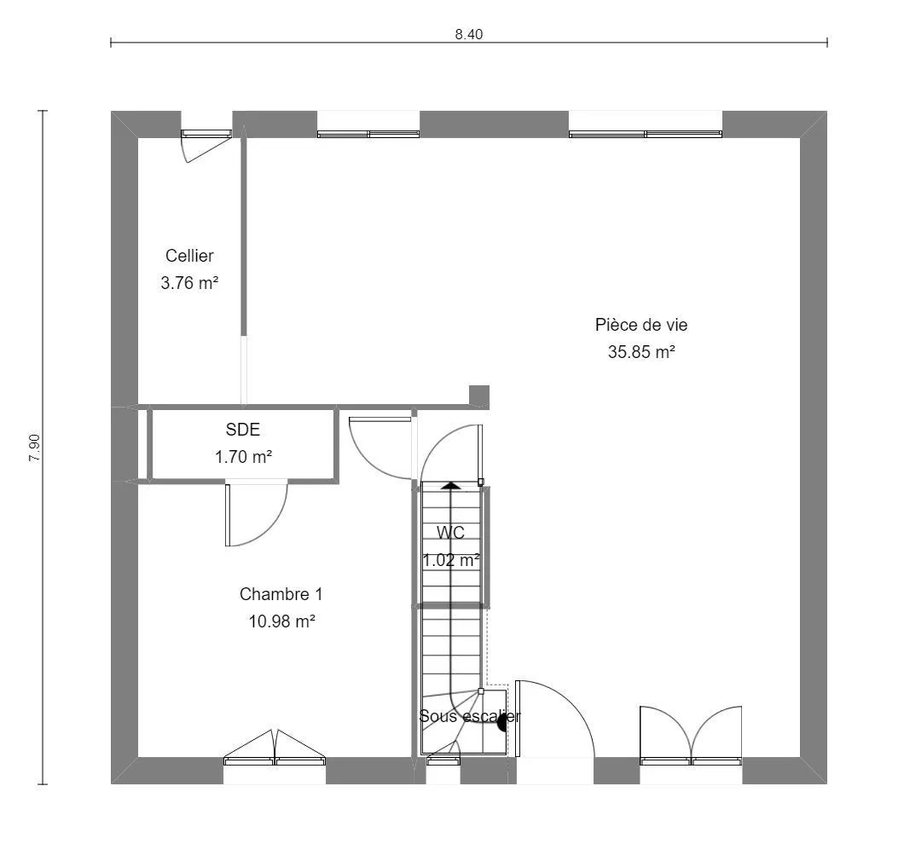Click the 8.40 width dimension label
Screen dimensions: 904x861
pyautogui.click(x=469, y=35)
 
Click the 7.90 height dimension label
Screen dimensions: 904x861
pyautogui.click(x=35, y=448)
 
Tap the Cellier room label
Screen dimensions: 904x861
pyautogui.click(x=189, y=255)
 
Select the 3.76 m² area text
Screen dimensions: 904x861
pyautogui.click(x=189, y=283)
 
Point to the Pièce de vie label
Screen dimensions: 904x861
pyautogui.click(x=641, y=325)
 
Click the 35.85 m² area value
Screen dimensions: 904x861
pyautogui.click(x=641, y=351)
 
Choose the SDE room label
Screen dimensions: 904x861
pyautogui.click(x=243, y=430)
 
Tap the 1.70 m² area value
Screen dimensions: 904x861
pyautogui.click(x=243, y=457)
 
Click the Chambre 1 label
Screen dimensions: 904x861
pyautogui.click(x=281, y=594)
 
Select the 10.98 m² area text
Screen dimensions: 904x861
pyautogui.click(x=281, y=621)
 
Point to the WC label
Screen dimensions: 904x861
pyautogui.click(x=450, y=533)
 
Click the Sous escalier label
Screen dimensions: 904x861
pyautogui.click(x=470, y=716)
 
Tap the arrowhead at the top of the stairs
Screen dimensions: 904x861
pyautogui.click(x=451, y=485)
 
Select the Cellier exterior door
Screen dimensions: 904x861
pyautogui.click(x=206, y=145)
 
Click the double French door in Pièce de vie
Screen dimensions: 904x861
pyautogui.click(x=691, y=735)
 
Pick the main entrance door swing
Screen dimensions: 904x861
pyautogui.click(x=555, y=718)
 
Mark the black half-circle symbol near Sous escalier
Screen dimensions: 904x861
pyautogui.click(x=502, y=722)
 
